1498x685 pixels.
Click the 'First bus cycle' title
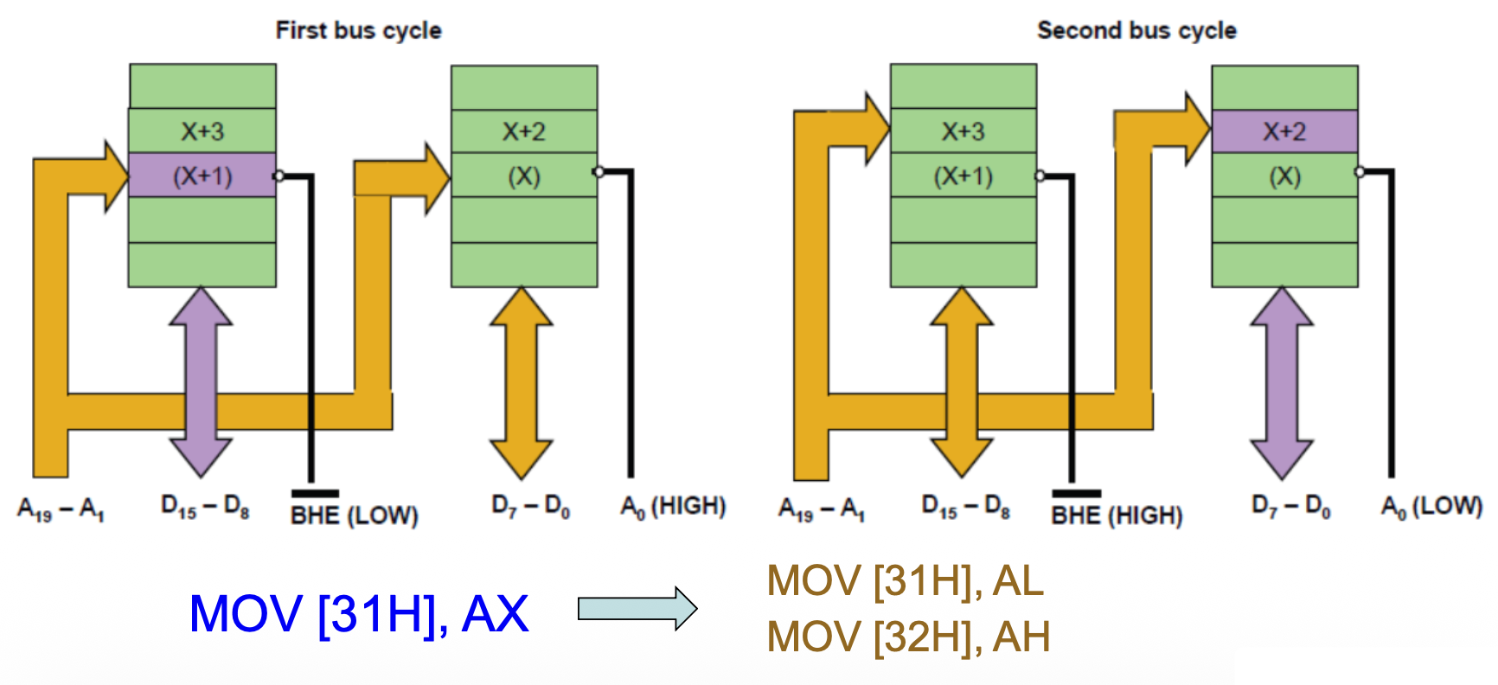(x=358, y=30)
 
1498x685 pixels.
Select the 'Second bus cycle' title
(x=1136, y=30)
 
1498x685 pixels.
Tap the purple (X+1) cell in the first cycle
(x=202, y=176)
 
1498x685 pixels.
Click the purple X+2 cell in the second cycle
(x=1284, y=131)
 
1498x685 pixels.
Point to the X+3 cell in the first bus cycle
(x=202, y=131)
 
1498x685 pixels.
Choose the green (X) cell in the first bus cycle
(x=524, y=176)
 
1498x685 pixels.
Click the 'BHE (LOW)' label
(x=355, y=515)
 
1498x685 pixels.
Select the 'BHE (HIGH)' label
(x=1117, y=515)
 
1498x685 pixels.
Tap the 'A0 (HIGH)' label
(x=673, y=507)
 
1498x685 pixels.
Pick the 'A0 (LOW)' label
(x=1431, y=507)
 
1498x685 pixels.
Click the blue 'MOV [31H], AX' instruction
(x=358, y=614)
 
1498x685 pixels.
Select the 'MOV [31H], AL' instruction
(x=905, y=580)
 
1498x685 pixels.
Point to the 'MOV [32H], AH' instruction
(x=908, y=637)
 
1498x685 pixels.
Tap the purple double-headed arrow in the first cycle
(x=201, y=381)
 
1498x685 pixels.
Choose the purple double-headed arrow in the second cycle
(x=1282, y=381)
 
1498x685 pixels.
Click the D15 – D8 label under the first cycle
(x=205, y=507)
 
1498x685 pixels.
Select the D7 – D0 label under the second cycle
(x=1290, y=507)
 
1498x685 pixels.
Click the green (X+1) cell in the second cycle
(x=963, y=176)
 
